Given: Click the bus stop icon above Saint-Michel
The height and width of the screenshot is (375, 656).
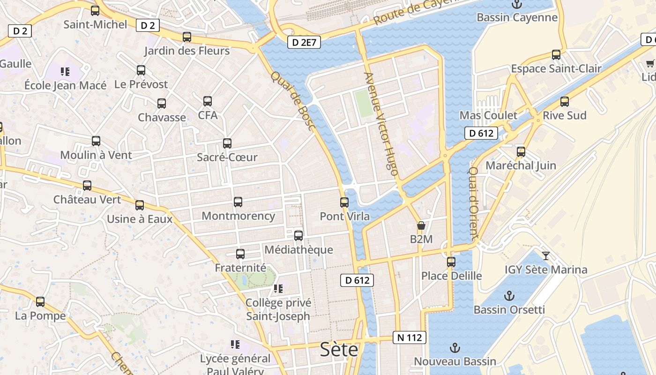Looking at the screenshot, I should (95, 10).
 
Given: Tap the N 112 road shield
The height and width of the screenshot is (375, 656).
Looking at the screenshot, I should (410, 337).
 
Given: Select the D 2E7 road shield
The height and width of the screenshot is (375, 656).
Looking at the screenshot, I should (304, 43).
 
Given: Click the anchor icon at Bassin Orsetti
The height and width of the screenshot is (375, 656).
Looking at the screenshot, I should (509, 296).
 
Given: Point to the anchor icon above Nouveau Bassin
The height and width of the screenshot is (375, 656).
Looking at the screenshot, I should (454, 347).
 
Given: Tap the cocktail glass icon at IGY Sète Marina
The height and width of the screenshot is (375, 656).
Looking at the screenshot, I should (546, 255).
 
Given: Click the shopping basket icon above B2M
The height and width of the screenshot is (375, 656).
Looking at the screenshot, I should (421, 225).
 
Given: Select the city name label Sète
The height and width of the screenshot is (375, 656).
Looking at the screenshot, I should (339, 350).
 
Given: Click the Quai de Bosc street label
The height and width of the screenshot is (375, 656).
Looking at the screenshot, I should (293, 101).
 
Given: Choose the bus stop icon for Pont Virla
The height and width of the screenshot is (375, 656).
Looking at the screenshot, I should (344, 202).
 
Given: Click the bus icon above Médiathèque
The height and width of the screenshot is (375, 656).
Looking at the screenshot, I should (298, 236).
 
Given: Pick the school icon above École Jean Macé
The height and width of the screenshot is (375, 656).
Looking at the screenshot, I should (65, 72).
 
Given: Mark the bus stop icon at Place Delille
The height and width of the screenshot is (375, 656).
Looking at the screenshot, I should (451, 262).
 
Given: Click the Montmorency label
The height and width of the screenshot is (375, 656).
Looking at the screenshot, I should (238, 216).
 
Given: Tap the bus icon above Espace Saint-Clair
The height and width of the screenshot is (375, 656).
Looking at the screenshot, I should (556, 55).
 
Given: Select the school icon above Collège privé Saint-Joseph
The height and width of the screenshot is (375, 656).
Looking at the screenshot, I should (278, 288).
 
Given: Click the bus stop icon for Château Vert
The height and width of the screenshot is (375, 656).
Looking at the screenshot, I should (87, 186).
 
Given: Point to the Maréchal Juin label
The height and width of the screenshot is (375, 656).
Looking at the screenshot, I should (521, 165).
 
